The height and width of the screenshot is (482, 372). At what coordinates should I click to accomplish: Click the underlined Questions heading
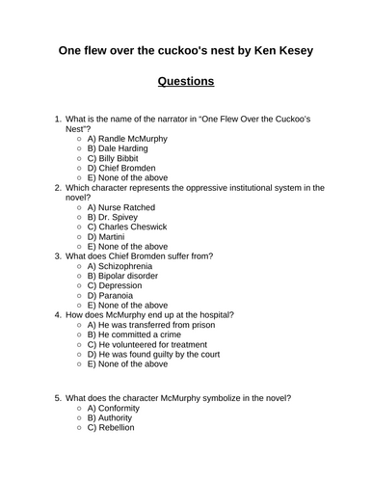coord(185,82)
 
